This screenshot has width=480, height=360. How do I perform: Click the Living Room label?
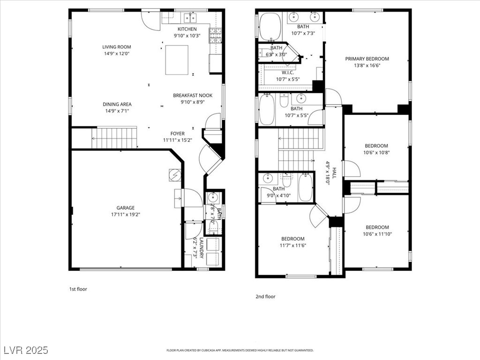pos(117,47)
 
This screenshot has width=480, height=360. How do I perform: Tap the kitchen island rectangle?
pos(177,60)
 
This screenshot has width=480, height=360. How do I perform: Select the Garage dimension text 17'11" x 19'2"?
pos(126,215)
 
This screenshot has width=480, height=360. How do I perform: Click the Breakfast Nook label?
pos(193,95)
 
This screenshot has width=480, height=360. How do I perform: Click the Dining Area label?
pos(117,104)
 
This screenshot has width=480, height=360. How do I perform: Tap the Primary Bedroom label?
pos(367,59)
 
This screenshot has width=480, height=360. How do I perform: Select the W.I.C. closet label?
pos(288,73)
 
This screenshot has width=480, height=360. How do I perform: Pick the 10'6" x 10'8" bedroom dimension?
pos(377,152)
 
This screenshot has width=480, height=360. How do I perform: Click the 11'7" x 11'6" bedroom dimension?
pos(293,245)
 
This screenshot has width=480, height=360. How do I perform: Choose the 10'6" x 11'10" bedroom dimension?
pos(377,234)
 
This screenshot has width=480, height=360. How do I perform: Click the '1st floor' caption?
pos(78,289)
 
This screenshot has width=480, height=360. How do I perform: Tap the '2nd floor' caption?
pos(266,296)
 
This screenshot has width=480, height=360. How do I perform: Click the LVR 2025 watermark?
pos(25,350)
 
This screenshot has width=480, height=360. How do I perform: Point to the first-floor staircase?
pos(113,137)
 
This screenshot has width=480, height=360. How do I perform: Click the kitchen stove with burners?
pos(215,34)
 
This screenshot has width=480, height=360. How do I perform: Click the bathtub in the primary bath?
pos(269,26)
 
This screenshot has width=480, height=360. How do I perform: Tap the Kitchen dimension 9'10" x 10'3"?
pos(187,36)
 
